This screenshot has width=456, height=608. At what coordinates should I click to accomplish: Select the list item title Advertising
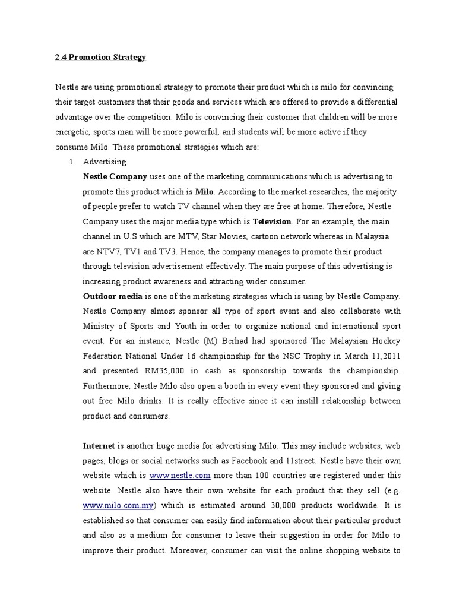104,161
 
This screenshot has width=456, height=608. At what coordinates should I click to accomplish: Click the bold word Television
272,221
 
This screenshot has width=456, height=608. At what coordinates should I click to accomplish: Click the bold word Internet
99,445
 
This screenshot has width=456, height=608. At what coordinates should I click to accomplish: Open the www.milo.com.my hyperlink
119,505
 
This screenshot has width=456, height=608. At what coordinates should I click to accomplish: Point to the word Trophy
324,356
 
